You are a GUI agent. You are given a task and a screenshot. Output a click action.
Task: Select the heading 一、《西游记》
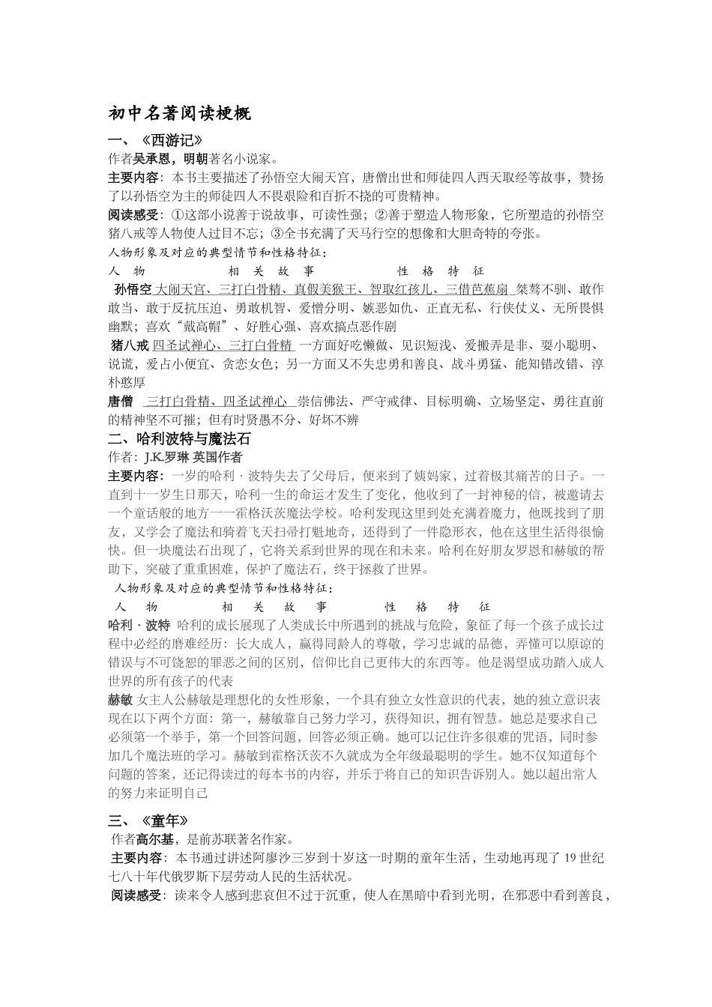click(x=155, y=140)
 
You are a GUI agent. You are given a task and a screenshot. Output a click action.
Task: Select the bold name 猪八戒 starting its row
click(x=130, y=345)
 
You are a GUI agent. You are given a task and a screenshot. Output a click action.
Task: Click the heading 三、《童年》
click(x=148, y=820)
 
